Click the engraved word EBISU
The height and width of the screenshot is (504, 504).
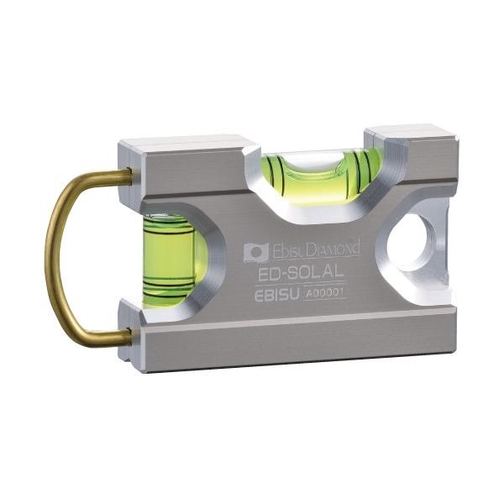276,295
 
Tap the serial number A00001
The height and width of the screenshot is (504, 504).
324,293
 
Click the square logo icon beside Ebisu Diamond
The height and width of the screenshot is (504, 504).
256,252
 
